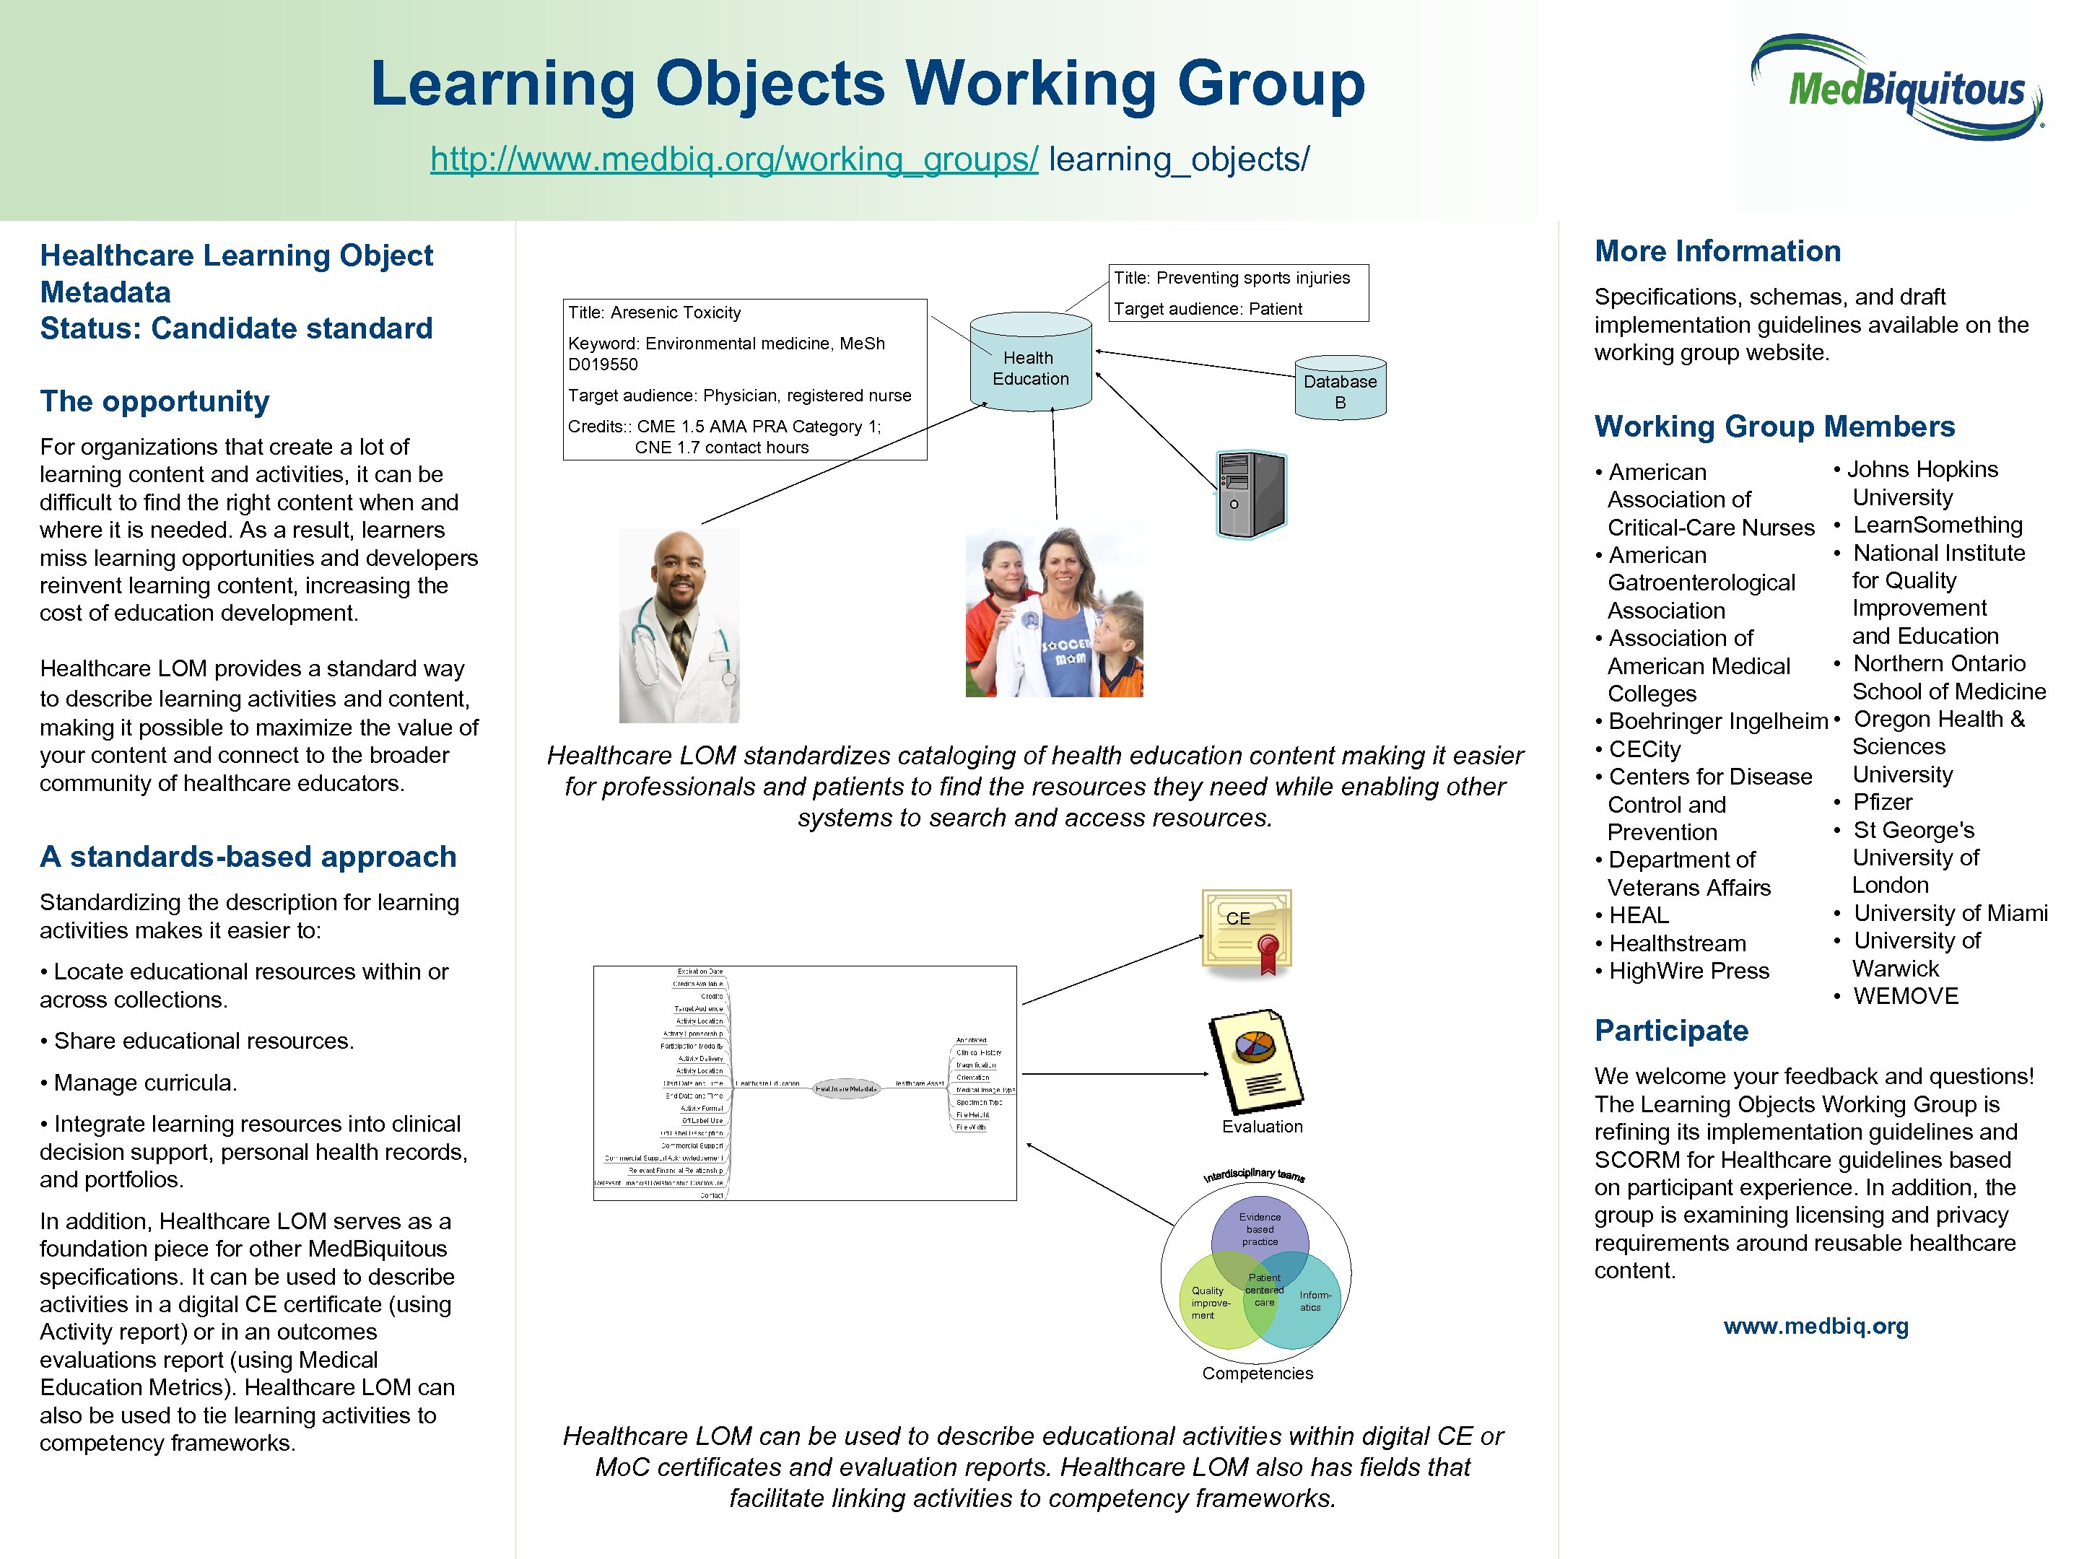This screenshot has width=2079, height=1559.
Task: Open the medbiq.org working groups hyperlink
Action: (733, 159)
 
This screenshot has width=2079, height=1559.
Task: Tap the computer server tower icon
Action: (1251, 494)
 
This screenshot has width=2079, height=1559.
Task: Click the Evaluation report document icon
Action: (1255, 1061)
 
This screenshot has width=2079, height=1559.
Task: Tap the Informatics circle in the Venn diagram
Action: (1313, 1301)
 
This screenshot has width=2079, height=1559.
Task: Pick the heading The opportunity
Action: (154, 401)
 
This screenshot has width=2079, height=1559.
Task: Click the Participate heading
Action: (1671, 1030)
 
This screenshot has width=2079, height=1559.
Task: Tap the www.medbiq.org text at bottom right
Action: (1815, 1326)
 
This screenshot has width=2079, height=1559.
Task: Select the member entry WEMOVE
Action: (1905, 996)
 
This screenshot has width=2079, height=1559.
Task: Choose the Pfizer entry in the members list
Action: (1882, 802)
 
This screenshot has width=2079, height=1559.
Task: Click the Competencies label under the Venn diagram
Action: (1258, 1373)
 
